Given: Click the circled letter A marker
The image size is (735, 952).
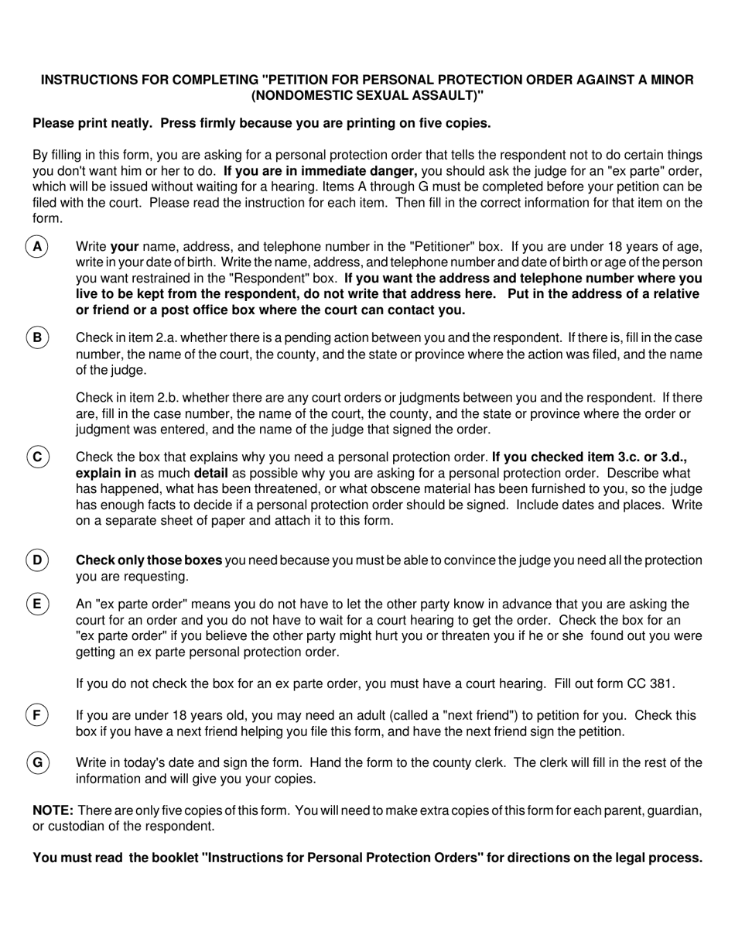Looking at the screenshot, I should click(x=37, y=247).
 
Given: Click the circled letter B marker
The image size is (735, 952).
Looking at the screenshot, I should click(x=37, y=338).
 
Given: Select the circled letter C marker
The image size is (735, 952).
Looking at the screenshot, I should click(x=37, y=457).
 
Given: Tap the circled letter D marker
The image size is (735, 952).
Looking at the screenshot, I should click(x=37, y=560).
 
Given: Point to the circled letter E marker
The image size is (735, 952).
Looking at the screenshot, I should click(x=37, y=604).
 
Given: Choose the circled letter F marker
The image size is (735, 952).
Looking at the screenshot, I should click(x=37, y=715).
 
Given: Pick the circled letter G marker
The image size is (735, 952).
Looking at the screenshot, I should click(x=37, y=762).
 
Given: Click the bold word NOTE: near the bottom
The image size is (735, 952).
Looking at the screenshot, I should click(x=53, y=810).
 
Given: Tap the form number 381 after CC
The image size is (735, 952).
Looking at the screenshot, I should click(x=663, y=684).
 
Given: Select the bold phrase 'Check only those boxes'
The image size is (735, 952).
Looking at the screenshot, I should click(x=149, y=560).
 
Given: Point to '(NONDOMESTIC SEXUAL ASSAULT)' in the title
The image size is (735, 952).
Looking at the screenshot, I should click(x=367, y=96).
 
